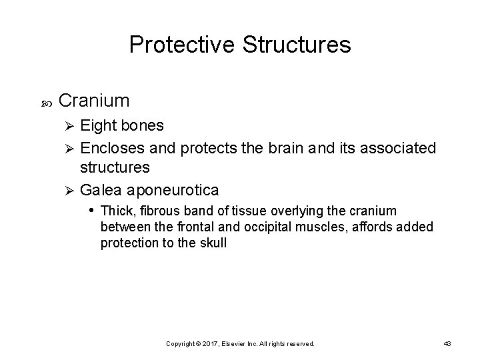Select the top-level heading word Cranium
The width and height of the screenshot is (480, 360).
click(94, 101)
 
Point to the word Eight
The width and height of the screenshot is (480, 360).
click(98, 125)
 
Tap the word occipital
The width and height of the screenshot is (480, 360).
click(265, 227)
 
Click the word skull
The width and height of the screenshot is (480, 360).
click(213, 243)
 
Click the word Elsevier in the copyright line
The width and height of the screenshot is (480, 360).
click(239, 343)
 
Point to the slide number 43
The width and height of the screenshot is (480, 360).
click(447, 343)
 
